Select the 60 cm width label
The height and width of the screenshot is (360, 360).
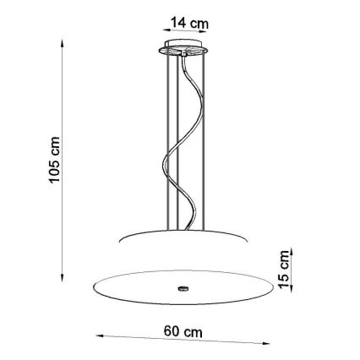[x=183, y=332]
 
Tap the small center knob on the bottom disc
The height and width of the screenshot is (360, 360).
[x=183, y=287]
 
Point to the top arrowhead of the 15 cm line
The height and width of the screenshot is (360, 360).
[x=290, y=251]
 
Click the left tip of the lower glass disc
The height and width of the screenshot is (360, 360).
[x=85, y=285]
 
